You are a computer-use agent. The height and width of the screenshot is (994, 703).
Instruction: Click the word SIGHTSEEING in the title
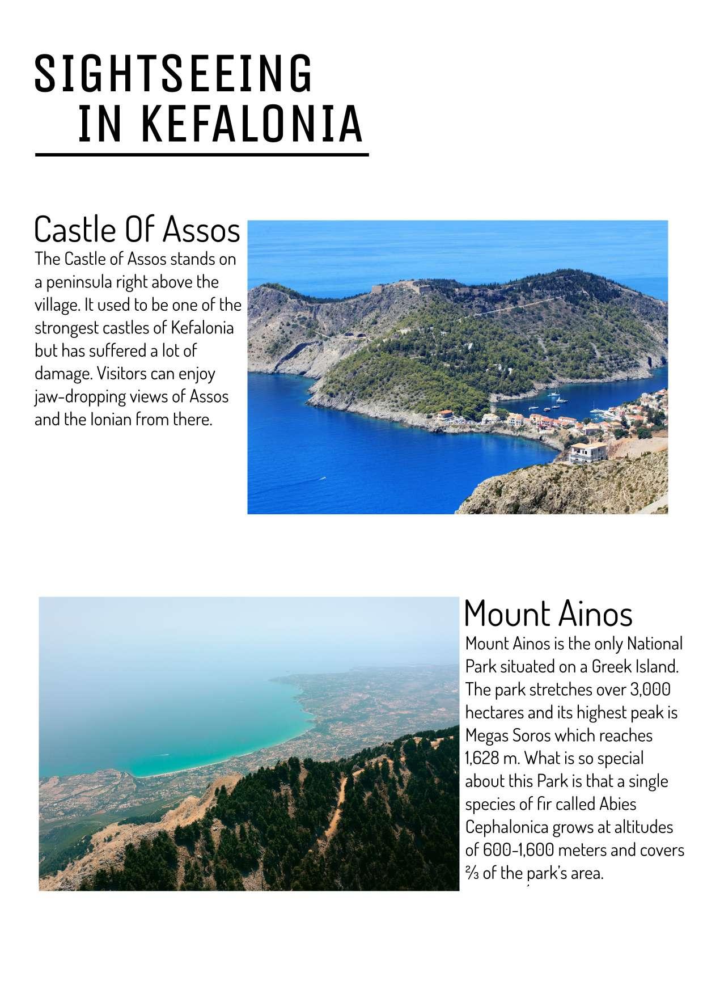(x=173, y=74)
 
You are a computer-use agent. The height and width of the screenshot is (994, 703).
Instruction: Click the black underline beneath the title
(x=201, y=154)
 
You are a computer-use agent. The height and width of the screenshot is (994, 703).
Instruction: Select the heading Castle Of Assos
(x=137, y=230)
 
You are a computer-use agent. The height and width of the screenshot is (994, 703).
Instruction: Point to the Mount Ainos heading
(x=548, y=614)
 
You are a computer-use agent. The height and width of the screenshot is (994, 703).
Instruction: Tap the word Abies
(x=616, y=804)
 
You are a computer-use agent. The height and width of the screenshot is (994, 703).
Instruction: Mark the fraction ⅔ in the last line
(x=472, y=874)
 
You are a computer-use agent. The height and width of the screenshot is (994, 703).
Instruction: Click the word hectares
(x=494, y=713)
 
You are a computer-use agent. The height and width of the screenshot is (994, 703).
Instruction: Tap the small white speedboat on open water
(x=323, y=479)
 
